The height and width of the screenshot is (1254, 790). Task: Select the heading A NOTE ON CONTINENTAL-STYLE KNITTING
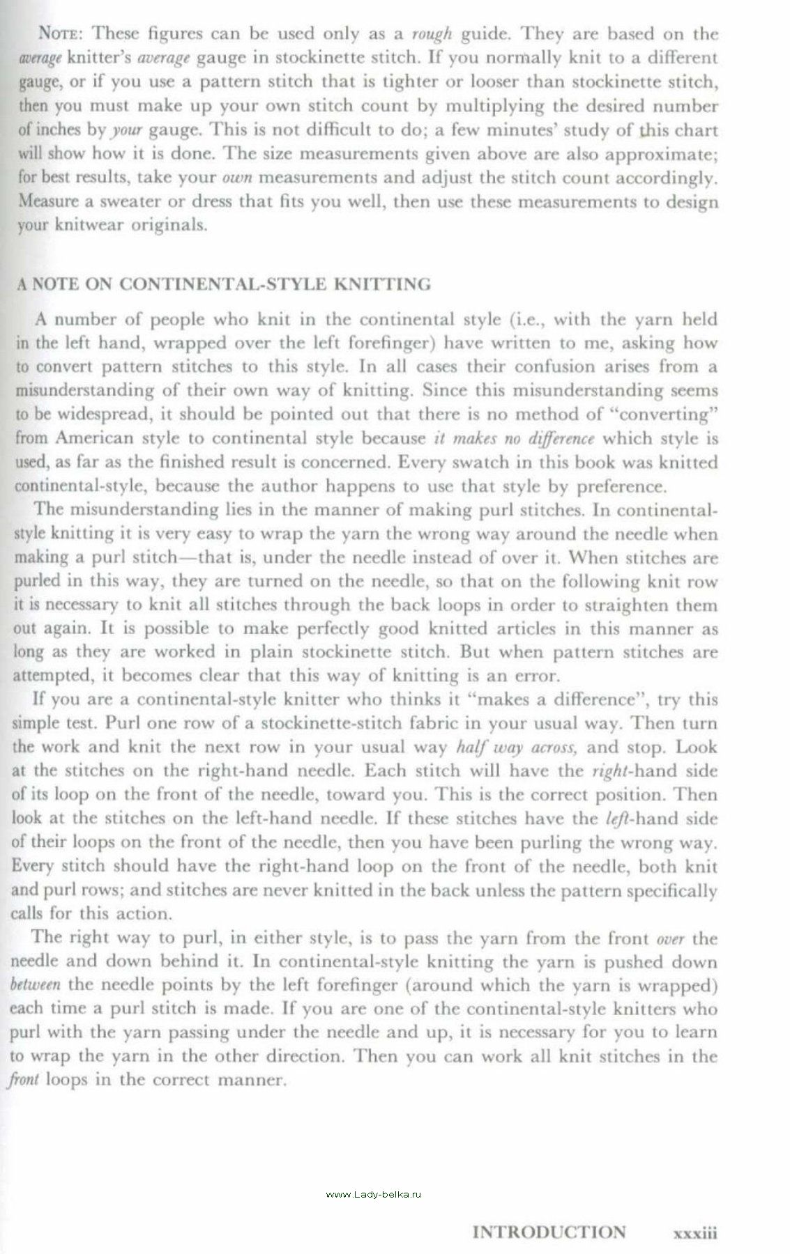[223, 284]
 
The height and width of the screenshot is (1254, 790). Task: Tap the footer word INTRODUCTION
[549, 1232]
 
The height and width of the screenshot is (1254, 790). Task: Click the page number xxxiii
[694, 1232]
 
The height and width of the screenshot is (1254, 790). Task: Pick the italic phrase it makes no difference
[514, 438]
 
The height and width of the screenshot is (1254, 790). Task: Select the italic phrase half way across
[515, 747]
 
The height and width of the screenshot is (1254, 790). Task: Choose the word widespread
[105, 415]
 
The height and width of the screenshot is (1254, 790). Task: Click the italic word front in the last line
[25, 1081]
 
